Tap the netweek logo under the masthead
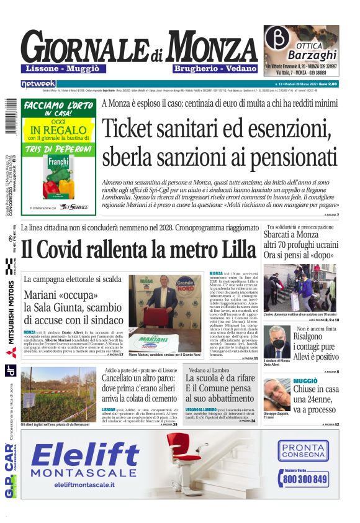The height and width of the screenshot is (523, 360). pos(38,83)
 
